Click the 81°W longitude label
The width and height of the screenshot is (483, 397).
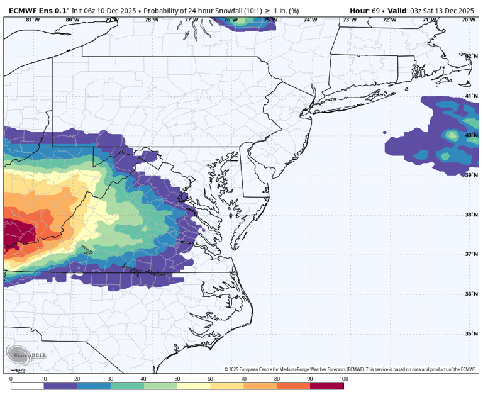point(33,20)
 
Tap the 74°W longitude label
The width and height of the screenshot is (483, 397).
point(310,20)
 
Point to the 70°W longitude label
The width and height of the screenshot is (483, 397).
point(468,20)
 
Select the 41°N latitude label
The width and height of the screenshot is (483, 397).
point(471,96)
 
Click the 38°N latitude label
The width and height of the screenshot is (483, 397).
point(471,215)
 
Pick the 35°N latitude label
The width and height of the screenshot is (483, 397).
point(471,333)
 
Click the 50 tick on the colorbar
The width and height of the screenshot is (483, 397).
point(177,379)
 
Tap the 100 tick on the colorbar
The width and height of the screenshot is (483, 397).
point(343,379)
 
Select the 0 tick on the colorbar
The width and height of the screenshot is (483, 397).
point(11,379)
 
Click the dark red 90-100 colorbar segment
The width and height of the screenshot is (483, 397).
point(327,386)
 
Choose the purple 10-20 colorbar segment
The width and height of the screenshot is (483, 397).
point(60,386)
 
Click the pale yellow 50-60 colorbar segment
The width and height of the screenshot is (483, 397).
point(194,386)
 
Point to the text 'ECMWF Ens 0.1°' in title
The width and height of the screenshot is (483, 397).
point(36,11)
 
